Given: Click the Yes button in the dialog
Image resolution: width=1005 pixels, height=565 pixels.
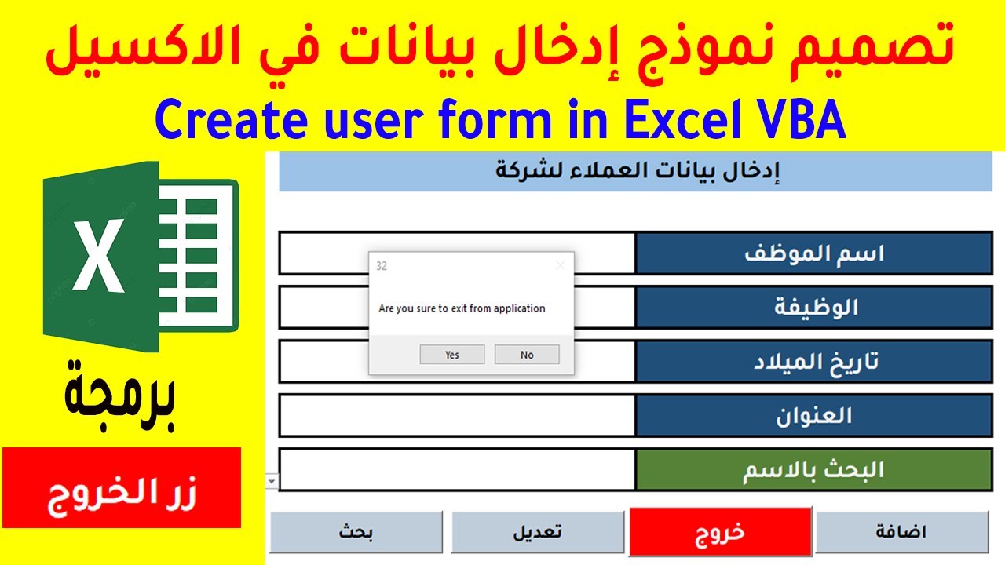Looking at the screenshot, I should tap(451, 355).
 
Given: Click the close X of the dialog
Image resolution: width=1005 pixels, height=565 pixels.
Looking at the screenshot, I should tap(560, 266).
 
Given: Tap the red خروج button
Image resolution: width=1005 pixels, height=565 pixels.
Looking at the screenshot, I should tap(720, 531).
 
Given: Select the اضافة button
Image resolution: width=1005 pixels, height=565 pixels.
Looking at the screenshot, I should tap(901, 532).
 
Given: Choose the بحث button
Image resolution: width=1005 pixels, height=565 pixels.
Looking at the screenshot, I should tap(356, 532).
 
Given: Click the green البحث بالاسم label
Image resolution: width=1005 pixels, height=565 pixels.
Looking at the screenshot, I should tap(813, 469).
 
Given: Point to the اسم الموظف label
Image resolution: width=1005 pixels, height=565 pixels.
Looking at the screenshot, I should tap(813, 253).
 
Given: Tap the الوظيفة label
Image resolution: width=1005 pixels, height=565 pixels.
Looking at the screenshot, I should tap(813, 307).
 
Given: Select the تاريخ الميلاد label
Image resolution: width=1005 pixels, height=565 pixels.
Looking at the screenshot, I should tap(813, 361).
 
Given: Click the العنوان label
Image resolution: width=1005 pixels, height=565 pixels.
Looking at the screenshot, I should tap(813, 415).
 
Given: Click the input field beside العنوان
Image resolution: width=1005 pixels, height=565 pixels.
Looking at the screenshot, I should tap(457, 415).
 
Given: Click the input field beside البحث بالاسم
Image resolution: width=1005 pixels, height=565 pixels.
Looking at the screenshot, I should tap(457, 469).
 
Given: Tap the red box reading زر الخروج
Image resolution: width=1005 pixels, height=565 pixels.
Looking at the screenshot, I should tap(121, 487).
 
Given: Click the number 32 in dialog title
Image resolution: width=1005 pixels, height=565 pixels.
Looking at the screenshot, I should tap(382, 266).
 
